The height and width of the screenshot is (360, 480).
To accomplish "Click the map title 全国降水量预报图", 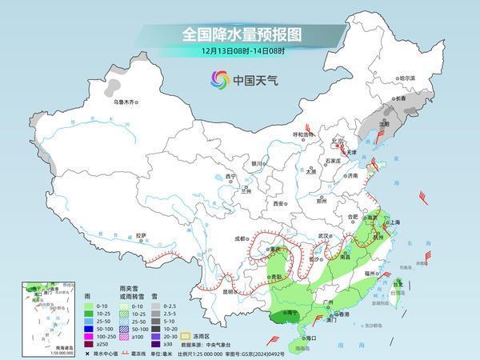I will coord(239,34).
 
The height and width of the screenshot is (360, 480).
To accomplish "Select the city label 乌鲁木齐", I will coord(126,102).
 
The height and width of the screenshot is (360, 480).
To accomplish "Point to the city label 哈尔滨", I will coord(407,78).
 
